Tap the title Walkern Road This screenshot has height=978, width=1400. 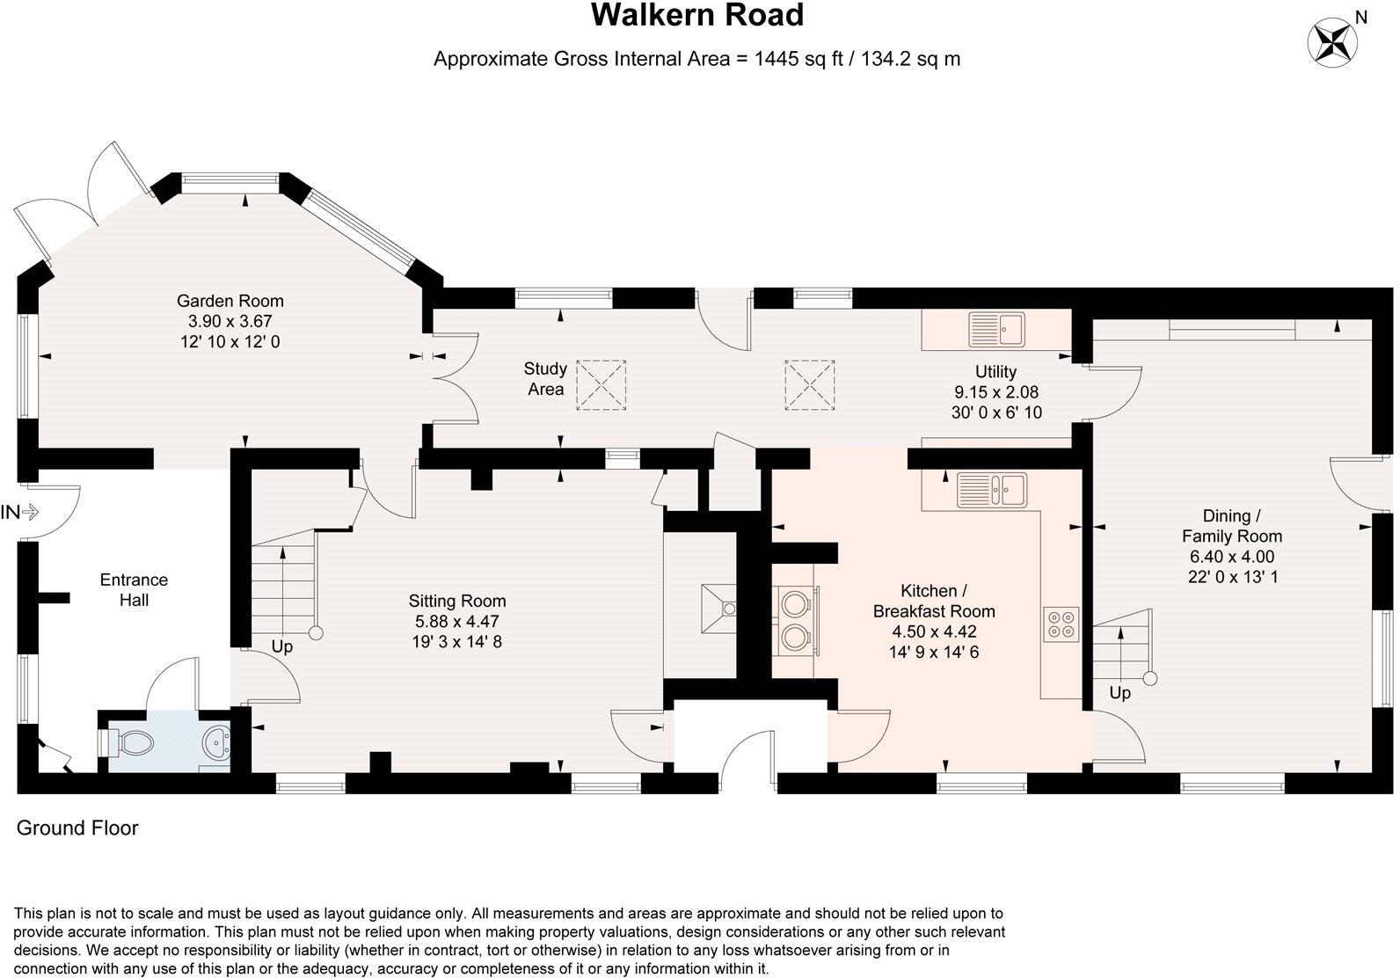point(696,16)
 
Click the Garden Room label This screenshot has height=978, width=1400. point(230,301)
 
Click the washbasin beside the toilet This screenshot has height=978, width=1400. point(215,742)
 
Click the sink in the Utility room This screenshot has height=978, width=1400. point(996,330)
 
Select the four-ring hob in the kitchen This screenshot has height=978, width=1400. point(1061,623)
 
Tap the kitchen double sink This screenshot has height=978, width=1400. point(991,491)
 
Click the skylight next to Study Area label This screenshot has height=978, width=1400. point(600,384)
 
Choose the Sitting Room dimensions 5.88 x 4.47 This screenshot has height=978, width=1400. point(457,622)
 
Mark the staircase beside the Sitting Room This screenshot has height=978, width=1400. point(284,584)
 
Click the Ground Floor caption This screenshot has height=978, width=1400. point(77,828)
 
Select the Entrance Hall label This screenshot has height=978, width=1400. point(134,590)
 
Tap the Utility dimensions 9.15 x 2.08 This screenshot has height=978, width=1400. point(996,392)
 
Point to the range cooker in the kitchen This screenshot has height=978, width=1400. point(796,620)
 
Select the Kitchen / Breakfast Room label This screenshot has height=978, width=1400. point(934,601)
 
